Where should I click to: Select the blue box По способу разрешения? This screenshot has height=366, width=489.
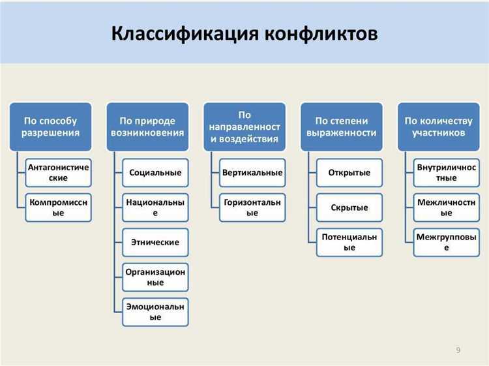point(51,127)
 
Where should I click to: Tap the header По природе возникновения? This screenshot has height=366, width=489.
point(147,127)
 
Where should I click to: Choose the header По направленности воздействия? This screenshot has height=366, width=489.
point(244,127)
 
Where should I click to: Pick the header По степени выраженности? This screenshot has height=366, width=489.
point(342,127)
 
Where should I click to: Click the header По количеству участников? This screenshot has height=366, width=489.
point(438,127)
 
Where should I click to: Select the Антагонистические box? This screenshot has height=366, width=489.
point(59,173)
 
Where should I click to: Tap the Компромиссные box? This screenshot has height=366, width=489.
point(59,207)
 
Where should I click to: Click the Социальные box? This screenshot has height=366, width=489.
point(155,173)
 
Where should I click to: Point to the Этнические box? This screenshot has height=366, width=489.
point(155,242)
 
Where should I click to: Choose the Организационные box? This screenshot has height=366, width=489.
point(155,277)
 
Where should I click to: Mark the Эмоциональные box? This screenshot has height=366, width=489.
point(155,311)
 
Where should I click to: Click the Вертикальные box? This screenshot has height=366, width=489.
point(252,173)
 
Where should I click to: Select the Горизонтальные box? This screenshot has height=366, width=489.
point(252,207)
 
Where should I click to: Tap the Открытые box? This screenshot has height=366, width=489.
point(349,173)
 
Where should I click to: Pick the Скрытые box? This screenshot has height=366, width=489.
point(349,207)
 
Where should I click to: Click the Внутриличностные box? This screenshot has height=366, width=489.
point(446,173)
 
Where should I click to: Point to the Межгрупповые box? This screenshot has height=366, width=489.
point(446,242)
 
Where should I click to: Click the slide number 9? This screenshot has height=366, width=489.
point(458,350)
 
